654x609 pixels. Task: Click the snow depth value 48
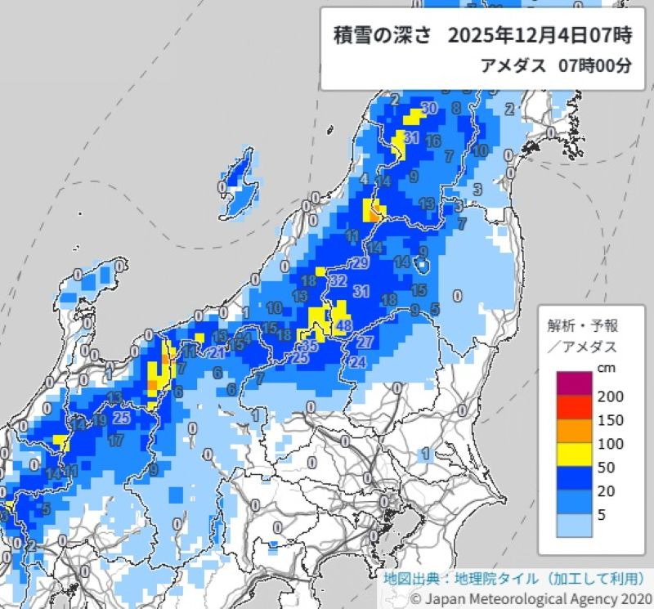(344, 325)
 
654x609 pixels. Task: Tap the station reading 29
(361, 263)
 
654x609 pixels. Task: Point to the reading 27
(365, 341)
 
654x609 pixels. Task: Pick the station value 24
(357, 362)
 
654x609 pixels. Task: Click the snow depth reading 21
(217, 353)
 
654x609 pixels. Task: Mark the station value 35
(311, 347)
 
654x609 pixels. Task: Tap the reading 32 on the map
(338, 280)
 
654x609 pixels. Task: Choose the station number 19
(100, 420)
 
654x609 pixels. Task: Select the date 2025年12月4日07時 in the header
(540, 37)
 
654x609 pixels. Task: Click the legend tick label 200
(611, 396)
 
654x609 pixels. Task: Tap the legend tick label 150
(611, 420)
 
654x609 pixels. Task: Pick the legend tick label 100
(611, 444)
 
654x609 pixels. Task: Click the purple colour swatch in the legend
(574, 384)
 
